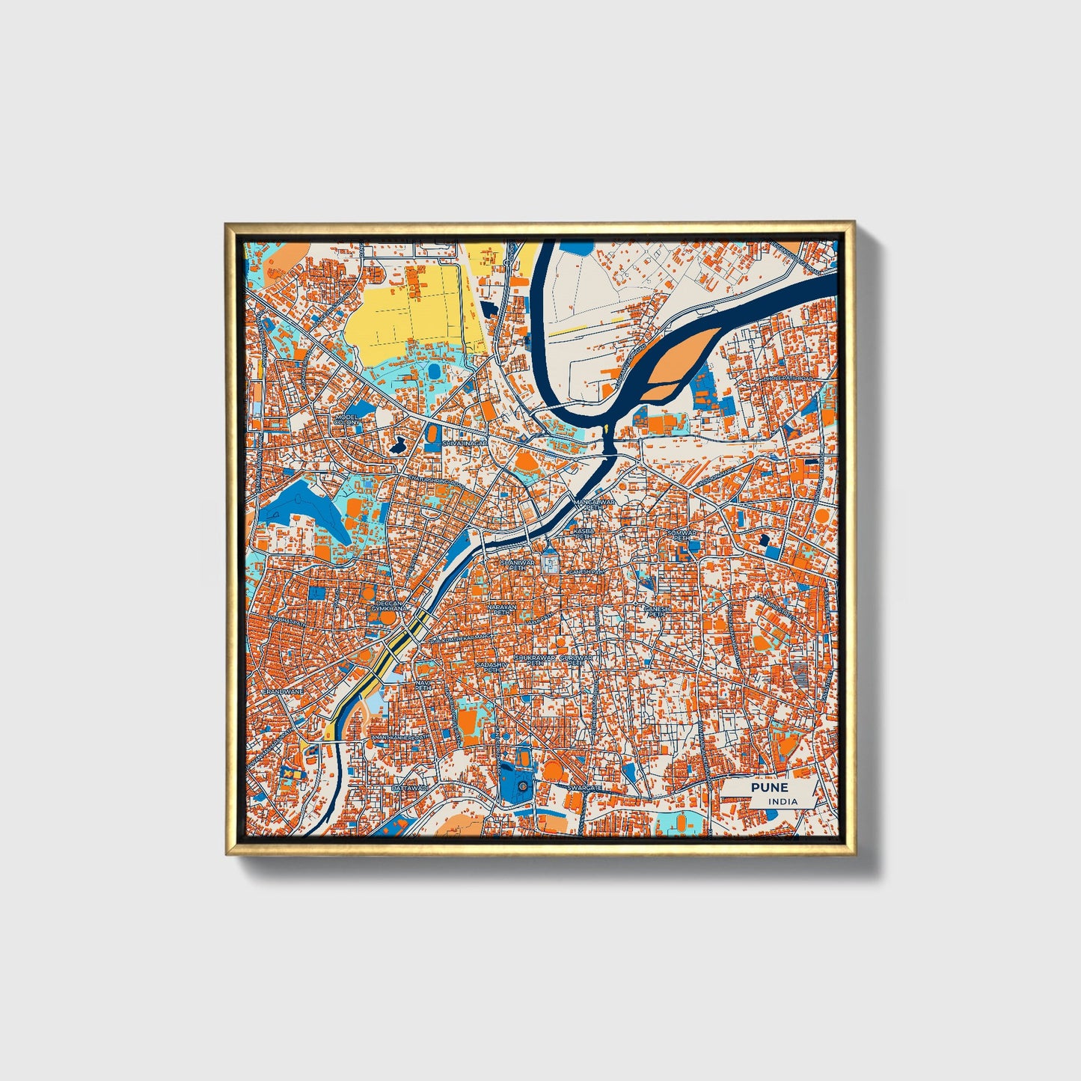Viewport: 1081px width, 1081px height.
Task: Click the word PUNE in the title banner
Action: pyautogui.click(x=770, y=788)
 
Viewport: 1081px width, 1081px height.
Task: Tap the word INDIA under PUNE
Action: pyautogui.click(x=782, y=801)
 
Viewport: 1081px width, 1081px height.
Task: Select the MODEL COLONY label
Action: pyautogui.click(x=347, y=419)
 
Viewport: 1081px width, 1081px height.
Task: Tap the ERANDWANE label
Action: pyautogui.click(x=283, y=692)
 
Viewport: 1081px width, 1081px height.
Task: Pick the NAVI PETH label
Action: pyautogui.click(x=424, y=685)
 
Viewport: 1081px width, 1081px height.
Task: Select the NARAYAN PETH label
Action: pyautogui.click(x=503, y=609)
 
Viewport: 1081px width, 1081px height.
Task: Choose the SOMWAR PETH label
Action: pyautogui.click(x=682, y=534)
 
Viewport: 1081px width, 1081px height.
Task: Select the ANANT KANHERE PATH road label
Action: pyautogui.click(x=401, y=737)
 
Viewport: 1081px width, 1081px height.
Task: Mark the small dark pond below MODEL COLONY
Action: pyautogui.click(x=396, y=447)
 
